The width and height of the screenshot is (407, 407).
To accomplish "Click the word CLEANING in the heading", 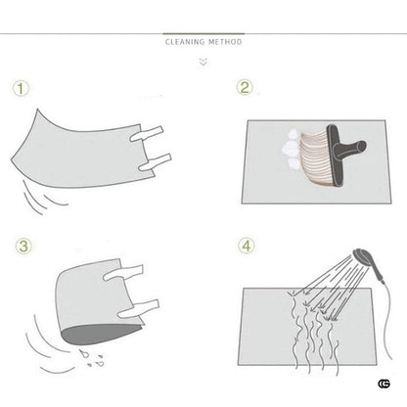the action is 185,42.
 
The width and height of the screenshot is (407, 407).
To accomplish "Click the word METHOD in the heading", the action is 225,42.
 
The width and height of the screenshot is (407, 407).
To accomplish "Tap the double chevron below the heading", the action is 203,62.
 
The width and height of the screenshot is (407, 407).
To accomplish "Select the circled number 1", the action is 21,88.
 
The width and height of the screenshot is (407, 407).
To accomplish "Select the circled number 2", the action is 245,87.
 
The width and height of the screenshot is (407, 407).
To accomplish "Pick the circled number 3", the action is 23,246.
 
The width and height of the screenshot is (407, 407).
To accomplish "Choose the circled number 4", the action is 247,246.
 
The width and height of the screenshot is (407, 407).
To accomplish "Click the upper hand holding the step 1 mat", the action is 147,134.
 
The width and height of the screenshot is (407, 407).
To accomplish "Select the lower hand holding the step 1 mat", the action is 155,162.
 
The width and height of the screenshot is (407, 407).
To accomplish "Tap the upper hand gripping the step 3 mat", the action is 123,273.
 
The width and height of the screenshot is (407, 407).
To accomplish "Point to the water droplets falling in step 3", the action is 92,358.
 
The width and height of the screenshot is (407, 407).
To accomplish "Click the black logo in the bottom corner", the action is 384,384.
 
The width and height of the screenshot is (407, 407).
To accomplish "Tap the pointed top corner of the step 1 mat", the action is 37,110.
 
